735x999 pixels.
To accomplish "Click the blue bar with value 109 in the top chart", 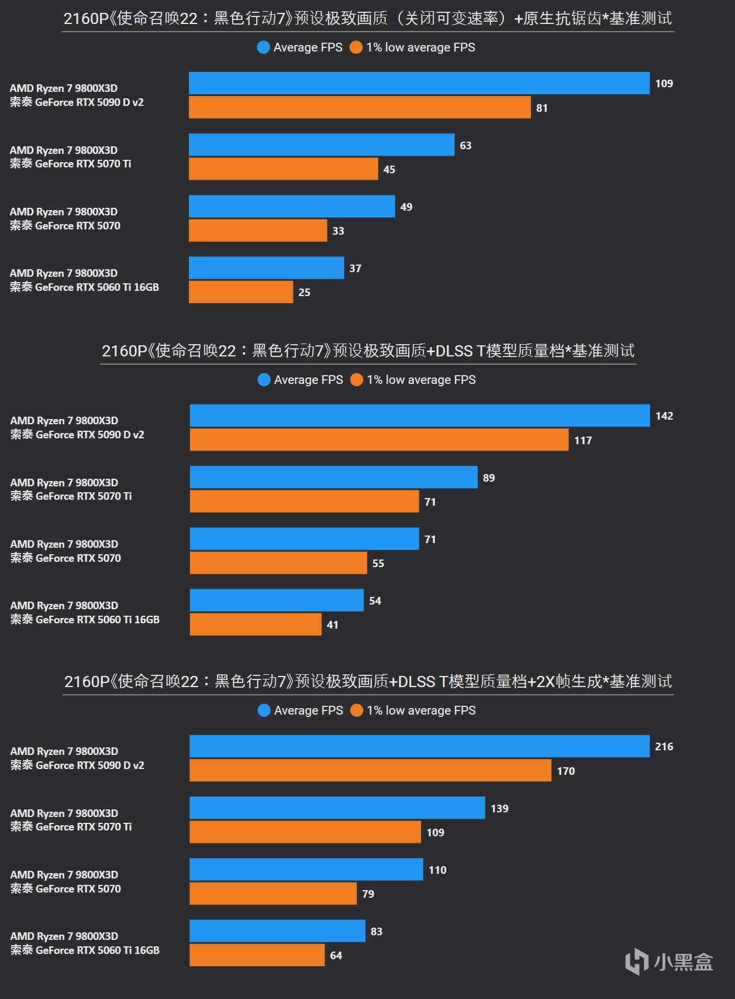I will click(x=419, y=83).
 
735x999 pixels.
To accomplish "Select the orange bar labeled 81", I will click(x=360, y=108).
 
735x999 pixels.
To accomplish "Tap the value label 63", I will click(x=465, y=145).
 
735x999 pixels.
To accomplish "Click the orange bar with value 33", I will click(x=258, y=231).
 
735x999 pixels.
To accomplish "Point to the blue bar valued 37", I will click(x=266, y=268).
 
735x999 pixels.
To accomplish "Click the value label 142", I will click(x=664, y=416).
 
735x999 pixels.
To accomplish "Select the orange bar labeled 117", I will click(x=379, y=440).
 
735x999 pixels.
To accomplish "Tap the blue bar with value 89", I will click(x=333, y=478).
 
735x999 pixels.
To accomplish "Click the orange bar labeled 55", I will click(x=278, y=563).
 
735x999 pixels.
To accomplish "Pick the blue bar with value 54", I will click(x=277, y=600).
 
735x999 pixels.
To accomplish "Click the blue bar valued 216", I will click(x=419, y=746).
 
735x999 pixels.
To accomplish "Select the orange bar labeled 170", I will click(x=370, y=771).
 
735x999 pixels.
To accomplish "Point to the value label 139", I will click(x=499, y=808).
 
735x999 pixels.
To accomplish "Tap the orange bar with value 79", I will click(x=273, y=894).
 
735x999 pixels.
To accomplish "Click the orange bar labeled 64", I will click(x=257, y=955).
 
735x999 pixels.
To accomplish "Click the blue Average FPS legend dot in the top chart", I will click(x=263, y=47).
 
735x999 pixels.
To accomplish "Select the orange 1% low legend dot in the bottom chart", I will click(x=356, y=710).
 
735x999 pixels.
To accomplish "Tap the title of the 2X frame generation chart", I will click(x=368, y=682).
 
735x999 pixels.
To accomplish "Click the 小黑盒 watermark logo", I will click(x=670, y=962).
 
